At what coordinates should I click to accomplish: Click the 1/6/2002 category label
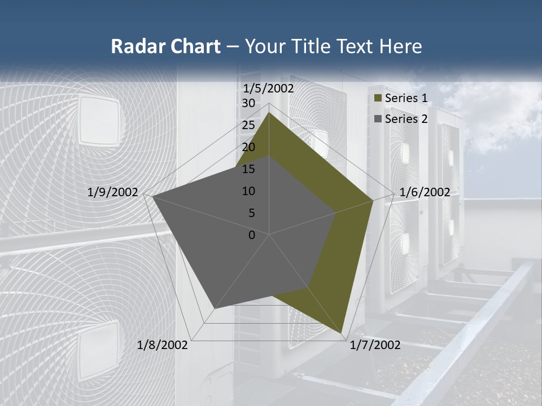click(x=425, y=192)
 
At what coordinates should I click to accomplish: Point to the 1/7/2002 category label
click(x=375, y=345)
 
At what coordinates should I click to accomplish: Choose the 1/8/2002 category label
click(x=163, y=345)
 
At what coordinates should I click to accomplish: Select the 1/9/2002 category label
click(x=113, y=192)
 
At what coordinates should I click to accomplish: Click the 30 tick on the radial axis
click(x=248, y=103)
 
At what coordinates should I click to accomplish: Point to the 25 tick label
click(x=248, y=125)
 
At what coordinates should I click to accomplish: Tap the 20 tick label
click(x=248, y=147)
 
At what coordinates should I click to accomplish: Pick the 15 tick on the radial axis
click(x=248, y=169)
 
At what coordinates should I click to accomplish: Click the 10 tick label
click(x=248, y=191)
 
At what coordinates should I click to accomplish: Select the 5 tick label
click(x=252, y=213)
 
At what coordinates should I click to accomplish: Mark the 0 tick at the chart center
click(x=252, y=235)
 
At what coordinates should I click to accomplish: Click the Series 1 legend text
click(x=406, y=98)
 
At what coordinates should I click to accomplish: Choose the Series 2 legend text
click(x=406, y=118)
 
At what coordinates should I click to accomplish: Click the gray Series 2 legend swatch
click(x=378, y=119)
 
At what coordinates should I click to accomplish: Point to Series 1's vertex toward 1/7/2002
click(x=342, y=333)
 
